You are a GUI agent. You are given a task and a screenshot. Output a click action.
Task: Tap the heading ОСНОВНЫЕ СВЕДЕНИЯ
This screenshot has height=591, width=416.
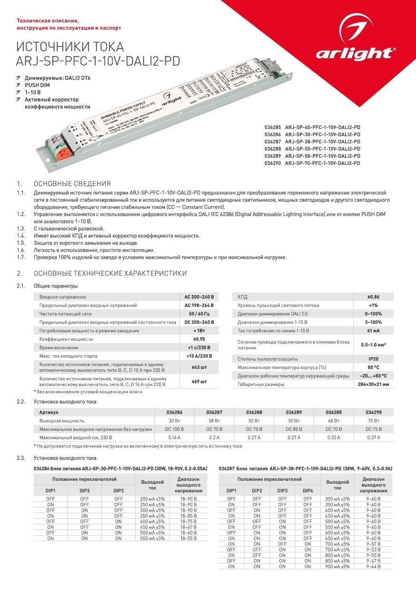click(72, 183)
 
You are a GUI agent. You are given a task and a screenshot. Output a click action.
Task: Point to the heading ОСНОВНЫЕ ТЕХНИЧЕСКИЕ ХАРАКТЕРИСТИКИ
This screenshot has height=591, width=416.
click(110, 273)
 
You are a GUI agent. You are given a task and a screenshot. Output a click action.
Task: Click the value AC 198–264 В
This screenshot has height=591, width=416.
click(199, 305)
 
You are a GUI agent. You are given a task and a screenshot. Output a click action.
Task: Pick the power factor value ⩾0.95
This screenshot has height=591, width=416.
click(199, 339)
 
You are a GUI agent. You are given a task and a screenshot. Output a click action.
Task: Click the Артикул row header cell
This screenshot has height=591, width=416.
click(49, 412)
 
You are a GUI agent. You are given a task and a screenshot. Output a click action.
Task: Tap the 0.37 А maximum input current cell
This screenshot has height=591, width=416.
click(373, 438)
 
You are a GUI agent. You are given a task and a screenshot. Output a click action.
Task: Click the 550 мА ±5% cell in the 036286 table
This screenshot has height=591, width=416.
click(152, 539)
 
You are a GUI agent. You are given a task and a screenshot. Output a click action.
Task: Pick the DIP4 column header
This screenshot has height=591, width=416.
click(308, 490)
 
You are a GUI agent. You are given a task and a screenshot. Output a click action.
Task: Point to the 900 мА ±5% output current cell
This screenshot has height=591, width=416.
click(337, 567)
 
